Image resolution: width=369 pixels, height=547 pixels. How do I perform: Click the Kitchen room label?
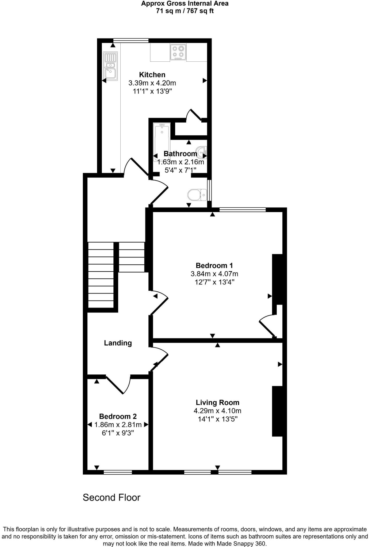tap(152, 75)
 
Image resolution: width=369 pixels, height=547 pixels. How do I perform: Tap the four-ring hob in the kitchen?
tap(178, 52)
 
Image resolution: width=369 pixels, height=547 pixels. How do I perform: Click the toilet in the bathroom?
tap(197, 195)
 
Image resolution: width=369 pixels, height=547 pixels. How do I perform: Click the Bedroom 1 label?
tap(214, 265)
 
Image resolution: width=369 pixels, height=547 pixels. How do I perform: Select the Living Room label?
tap(217, 403)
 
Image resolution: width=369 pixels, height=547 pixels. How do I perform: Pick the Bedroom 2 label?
tap(118, 416)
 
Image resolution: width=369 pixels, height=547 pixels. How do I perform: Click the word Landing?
tap(118, 343)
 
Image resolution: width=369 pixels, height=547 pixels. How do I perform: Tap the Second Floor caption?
tap(112, 498)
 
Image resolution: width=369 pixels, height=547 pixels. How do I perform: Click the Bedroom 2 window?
tap(118, 472)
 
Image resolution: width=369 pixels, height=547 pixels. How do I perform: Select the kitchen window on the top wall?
tap(131, 41)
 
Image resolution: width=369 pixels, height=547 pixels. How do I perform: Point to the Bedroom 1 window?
tap(243, 210)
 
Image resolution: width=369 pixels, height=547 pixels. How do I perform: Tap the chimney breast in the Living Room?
tap(277, 411)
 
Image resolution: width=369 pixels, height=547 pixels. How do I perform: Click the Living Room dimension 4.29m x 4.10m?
tap(217, 411)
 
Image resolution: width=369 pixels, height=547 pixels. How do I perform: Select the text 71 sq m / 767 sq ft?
tap(185, 11)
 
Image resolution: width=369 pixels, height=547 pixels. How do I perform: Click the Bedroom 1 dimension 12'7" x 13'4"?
tap(214, 282)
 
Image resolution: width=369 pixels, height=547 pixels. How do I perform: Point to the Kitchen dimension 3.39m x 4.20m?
tap(152, 83)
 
